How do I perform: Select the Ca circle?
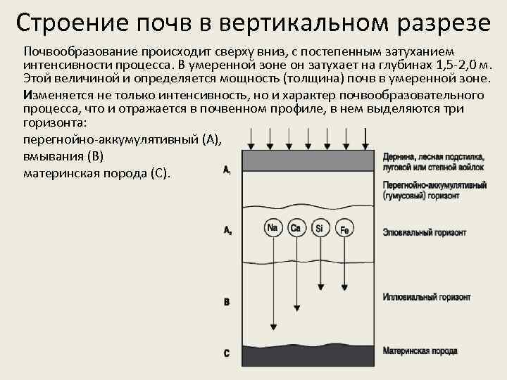pos(296,228)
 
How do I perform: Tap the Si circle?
pos(320,228)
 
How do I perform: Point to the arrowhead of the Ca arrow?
pos(296,308)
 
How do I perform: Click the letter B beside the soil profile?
pos(226,302)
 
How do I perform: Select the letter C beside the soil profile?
pos(226,353)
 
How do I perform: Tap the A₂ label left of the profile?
pos(227,230)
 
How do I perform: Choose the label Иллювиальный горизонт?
pos(426,298)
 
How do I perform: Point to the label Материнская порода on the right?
pos(420,350)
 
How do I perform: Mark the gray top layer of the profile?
pos(306,160)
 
